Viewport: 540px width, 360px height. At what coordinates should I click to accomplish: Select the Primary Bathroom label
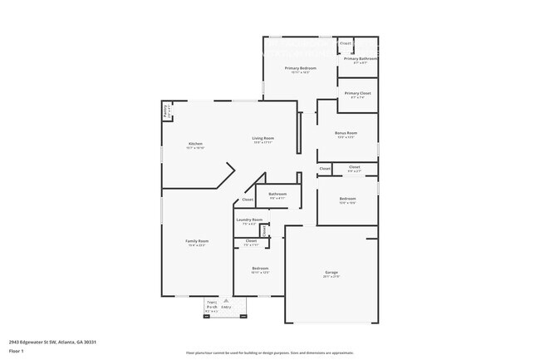point(361,59)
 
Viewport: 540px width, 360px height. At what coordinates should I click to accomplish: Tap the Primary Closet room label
point(358,93)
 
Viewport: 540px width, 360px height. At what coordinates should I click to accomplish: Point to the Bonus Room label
point(346,133)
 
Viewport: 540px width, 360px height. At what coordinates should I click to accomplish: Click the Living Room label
point(263,139)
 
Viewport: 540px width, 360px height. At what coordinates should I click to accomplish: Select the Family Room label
point(196,242)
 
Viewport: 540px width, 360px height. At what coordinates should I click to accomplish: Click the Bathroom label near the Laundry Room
point(277,195)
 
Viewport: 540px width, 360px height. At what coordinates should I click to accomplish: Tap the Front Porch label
point(212,305)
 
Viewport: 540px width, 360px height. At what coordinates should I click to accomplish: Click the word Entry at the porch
point(226,308)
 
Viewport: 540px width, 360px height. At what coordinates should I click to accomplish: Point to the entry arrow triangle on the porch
point(225,300)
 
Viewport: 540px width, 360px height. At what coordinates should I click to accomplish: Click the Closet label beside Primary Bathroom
point(346,42)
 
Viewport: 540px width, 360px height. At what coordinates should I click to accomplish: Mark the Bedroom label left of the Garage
point(260,269)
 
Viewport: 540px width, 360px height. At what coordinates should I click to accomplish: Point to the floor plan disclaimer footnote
point(269,353)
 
